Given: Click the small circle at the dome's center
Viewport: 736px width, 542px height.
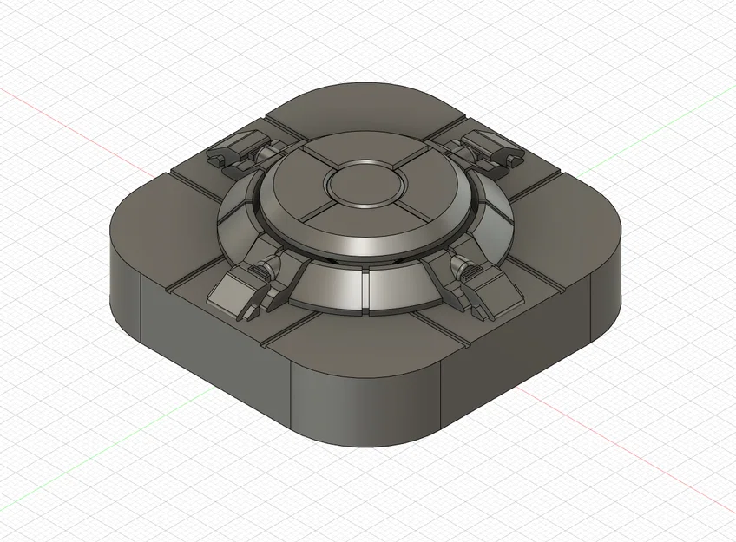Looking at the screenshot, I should pos(363,184).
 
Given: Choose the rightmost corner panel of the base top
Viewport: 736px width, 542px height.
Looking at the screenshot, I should pos(577,212).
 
